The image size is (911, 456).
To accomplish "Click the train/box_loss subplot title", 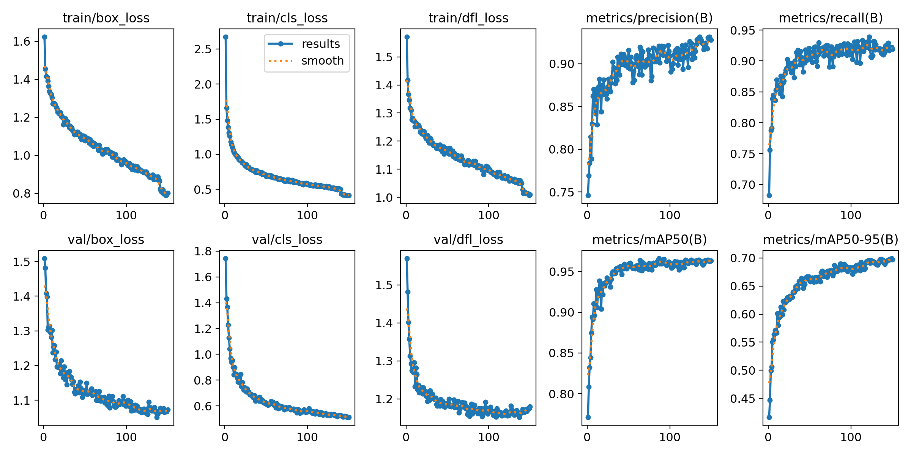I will pyautogui.click(x=106, y=18).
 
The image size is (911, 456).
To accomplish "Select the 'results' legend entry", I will pyautogui.click(x=320, y=44).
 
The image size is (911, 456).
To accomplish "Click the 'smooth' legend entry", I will pyautogui.click(x=322, y=61).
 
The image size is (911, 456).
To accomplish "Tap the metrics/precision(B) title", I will pyautogui.click(x=649, y=18).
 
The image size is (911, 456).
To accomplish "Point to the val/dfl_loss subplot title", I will pyautogui.click(x=468, y=240).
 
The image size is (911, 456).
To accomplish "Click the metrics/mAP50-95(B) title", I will pyautogui.click(x=831, y=240).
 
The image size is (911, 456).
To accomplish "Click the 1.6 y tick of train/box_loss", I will pyautogui.click(x=21, y=41).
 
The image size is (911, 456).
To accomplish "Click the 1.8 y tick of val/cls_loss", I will pyautogui.click(x=203, y=252).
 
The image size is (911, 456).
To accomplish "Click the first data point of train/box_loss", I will pyautogui.click(x=44, y=37).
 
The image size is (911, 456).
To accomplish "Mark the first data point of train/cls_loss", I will pyautogui.click(x=225, y=37).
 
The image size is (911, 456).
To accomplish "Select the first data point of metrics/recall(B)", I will pyautogui.click(x=769, y=195).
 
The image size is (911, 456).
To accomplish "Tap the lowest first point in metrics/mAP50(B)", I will pyautogui.click(x=588, y=417).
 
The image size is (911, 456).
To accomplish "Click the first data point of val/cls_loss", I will pyautogui.click(x=225, y=258).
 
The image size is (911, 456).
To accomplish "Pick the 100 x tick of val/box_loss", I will pyautogui.click(x=126, y=437).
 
